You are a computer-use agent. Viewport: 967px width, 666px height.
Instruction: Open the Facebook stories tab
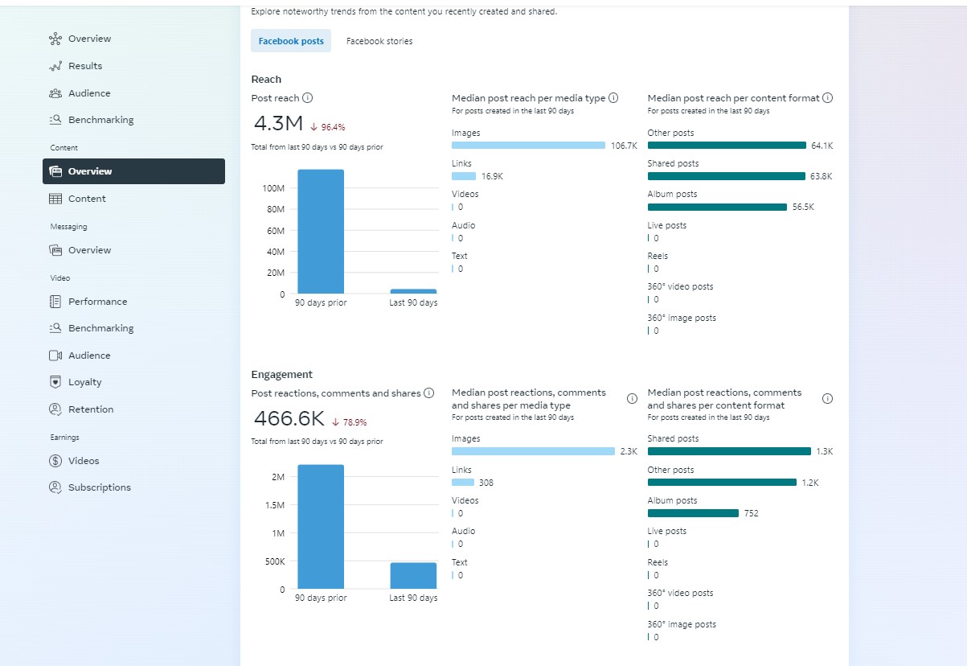379,41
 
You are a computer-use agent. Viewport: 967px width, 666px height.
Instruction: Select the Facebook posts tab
291,41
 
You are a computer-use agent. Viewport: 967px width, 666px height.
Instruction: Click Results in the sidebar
85,66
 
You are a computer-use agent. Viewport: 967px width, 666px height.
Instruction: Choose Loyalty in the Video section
84,382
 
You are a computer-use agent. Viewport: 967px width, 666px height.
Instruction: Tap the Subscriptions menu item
100,487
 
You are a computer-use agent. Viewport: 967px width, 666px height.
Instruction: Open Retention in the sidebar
91,409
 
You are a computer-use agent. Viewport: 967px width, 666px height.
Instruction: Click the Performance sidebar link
97,302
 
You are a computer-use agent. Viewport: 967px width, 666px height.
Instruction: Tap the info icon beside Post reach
307,98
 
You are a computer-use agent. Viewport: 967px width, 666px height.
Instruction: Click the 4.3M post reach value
278,124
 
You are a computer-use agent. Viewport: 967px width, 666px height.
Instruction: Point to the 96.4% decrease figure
333,127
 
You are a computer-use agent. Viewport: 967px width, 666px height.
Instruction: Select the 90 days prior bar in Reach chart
321,232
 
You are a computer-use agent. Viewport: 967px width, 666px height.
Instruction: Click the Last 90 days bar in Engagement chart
413,576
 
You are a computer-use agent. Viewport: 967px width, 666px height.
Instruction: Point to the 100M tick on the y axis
273,188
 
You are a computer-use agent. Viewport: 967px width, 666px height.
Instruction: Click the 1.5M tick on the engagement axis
275,505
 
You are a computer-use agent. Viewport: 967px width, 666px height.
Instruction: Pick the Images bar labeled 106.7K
528,146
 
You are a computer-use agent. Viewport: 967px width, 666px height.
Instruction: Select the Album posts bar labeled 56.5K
717,208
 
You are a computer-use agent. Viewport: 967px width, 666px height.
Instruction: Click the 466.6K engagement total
289,418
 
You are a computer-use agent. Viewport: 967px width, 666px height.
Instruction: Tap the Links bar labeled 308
463,483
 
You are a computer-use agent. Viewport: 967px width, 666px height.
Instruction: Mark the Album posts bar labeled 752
693,513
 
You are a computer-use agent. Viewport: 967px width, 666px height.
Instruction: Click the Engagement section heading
282,375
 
